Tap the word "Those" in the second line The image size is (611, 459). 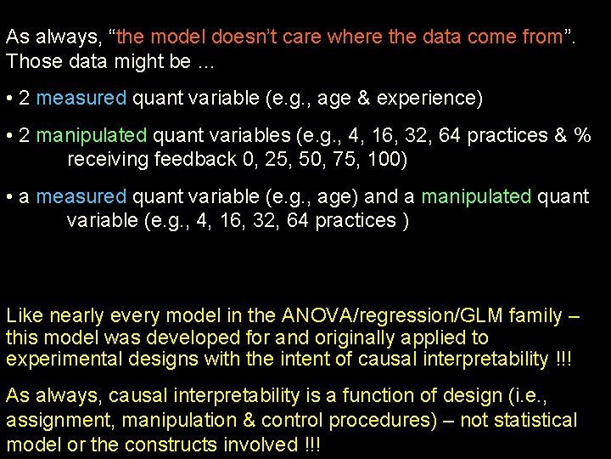pos(31,61)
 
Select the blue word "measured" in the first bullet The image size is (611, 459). pos(81,98)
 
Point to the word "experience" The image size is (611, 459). pos(433,99)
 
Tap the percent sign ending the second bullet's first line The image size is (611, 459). pos(582,135)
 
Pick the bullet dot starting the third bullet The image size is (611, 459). pos(9,196)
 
